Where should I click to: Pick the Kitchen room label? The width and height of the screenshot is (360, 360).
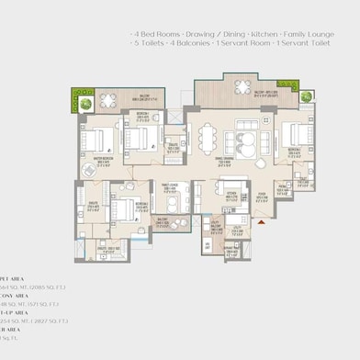[x=232, y=194]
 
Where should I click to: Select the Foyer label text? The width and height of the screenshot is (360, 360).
[x=262, y=194]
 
